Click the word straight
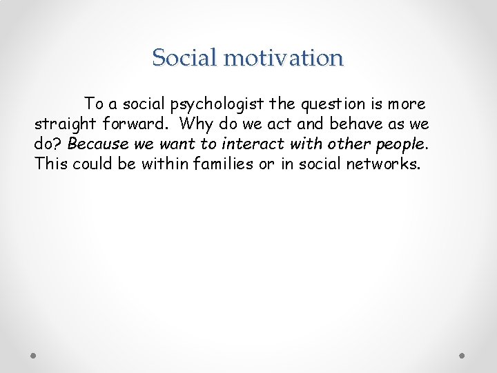click(66, 124)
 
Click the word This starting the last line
click(50, 164)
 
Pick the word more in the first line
click(406, 104)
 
